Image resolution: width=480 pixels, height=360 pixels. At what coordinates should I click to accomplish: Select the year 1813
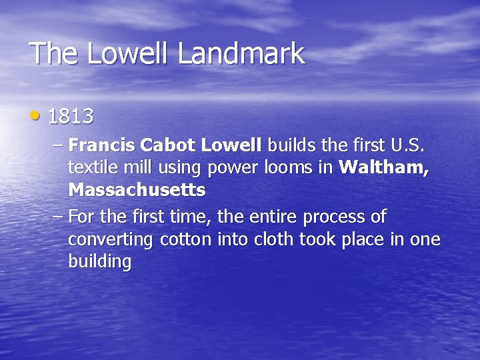coord(71,117)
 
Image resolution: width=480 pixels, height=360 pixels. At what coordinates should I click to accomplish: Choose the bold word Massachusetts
coord(137,190)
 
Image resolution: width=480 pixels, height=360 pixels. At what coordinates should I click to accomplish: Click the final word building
coord(100,262)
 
